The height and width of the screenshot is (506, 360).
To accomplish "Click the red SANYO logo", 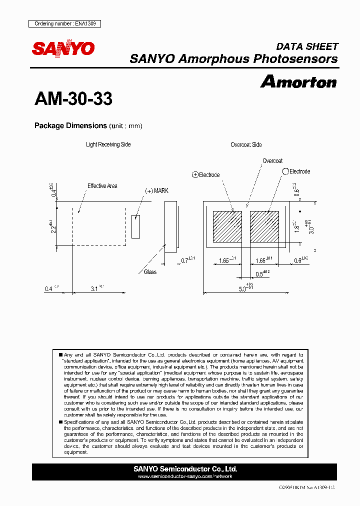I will tap(63, 48).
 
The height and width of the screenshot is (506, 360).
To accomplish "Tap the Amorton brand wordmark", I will tap(298, 81).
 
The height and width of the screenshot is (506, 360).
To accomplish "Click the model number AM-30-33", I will tap(73, 99).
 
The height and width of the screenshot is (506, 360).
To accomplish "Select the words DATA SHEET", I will tap(307, 46).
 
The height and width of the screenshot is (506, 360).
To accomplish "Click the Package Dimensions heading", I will tap(70, 125).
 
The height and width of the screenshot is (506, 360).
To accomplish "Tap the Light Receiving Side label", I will tap(108, 144).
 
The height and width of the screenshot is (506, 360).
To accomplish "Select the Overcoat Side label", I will tap(246, 144).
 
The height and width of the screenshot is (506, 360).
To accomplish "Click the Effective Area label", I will tap(102, 186).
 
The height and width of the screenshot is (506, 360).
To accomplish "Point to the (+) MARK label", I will tap(157, 191).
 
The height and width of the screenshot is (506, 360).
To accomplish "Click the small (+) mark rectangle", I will tap(135, 226).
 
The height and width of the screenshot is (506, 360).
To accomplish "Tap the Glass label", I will tap(150, 272).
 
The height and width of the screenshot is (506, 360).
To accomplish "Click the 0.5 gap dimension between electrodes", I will tap(261, 274).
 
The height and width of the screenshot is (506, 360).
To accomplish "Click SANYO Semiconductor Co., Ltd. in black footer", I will tap(185, 469).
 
